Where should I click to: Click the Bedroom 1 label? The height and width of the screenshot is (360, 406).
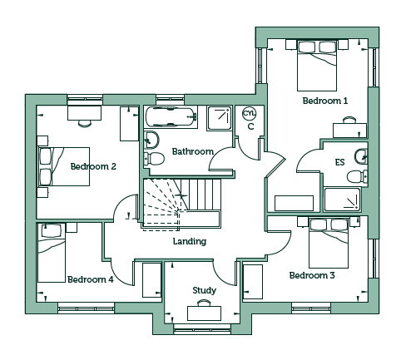[325, 101]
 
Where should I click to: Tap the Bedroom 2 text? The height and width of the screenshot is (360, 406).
[93, 166]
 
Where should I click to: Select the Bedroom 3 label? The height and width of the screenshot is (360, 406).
[312, 275]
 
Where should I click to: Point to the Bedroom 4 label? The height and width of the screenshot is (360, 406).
[91, 279]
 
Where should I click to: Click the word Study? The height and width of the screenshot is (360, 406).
[205, 290]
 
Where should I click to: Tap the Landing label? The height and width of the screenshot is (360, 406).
[190, 241]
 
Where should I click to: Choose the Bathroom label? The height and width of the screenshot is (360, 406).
[193, 151]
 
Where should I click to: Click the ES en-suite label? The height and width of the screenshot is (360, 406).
[339, 162]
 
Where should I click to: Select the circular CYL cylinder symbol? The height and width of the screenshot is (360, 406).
[250, 114]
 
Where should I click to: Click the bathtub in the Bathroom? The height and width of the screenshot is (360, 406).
[171, 116]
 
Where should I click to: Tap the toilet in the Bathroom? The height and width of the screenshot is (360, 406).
[154, 159]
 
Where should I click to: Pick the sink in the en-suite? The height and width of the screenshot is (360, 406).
[361, 157]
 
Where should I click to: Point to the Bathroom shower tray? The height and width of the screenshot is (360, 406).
[219, 118]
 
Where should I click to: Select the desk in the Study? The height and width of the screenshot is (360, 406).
[205, 313]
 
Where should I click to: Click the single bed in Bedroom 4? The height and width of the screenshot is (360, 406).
[52, 253]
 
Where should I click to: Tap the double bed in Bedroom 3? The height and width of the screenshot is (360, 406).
[329, 243]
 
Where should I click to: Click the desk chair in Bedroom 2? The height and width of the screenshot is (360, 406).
[85, 123]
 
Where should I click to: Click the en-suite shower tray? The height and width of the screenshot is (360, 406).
[343, 200]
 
